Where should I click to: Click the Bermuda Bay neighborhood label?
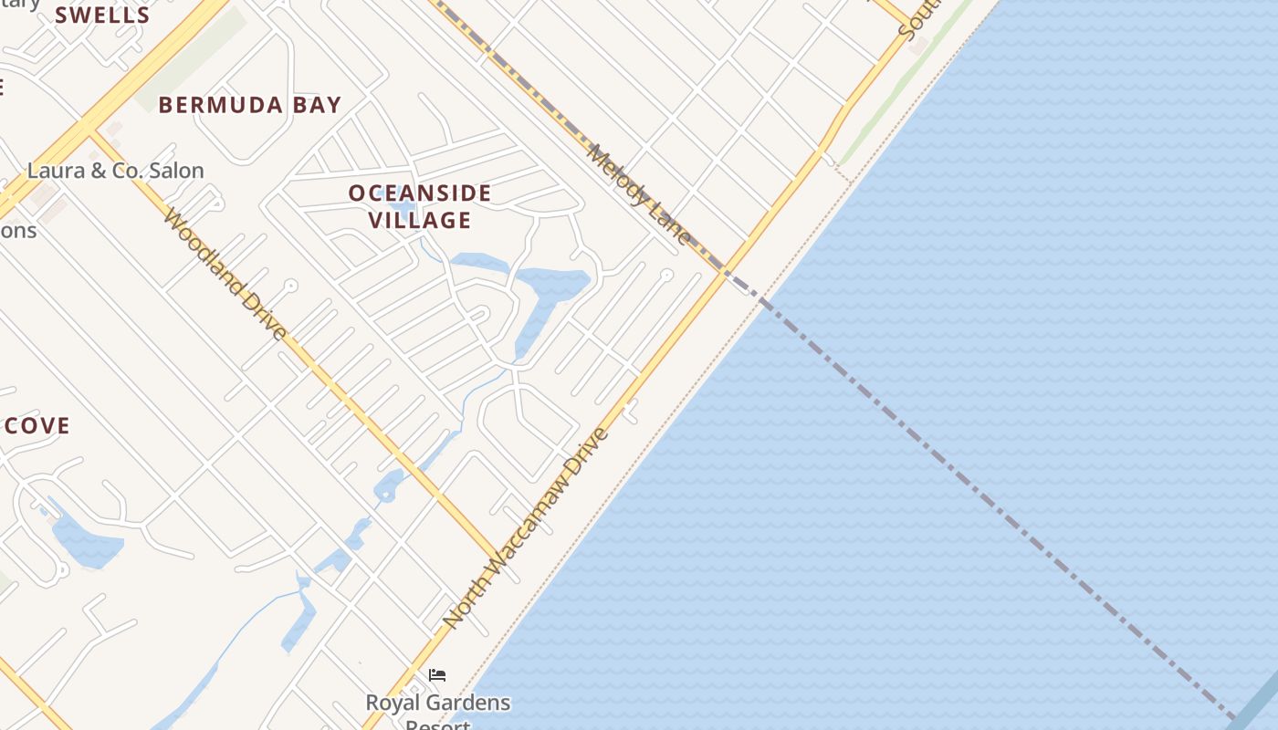click(x=250, y=105)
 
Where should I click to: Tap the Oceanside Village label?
click(x=420, y=206)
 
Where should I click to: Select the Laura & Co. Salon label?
click(x=116, y=171)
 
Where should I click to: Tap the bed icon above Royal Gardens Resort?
click(x=437, y=675)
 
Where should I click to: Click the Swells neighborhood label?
click(x=102, y=16)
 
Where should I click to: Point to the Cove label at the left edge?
click(x=37, y=426)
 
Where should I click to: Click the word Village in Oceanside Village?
click(x=420, y=220)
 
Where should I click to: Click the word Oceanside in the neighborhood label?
click(x=420, y=193)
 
